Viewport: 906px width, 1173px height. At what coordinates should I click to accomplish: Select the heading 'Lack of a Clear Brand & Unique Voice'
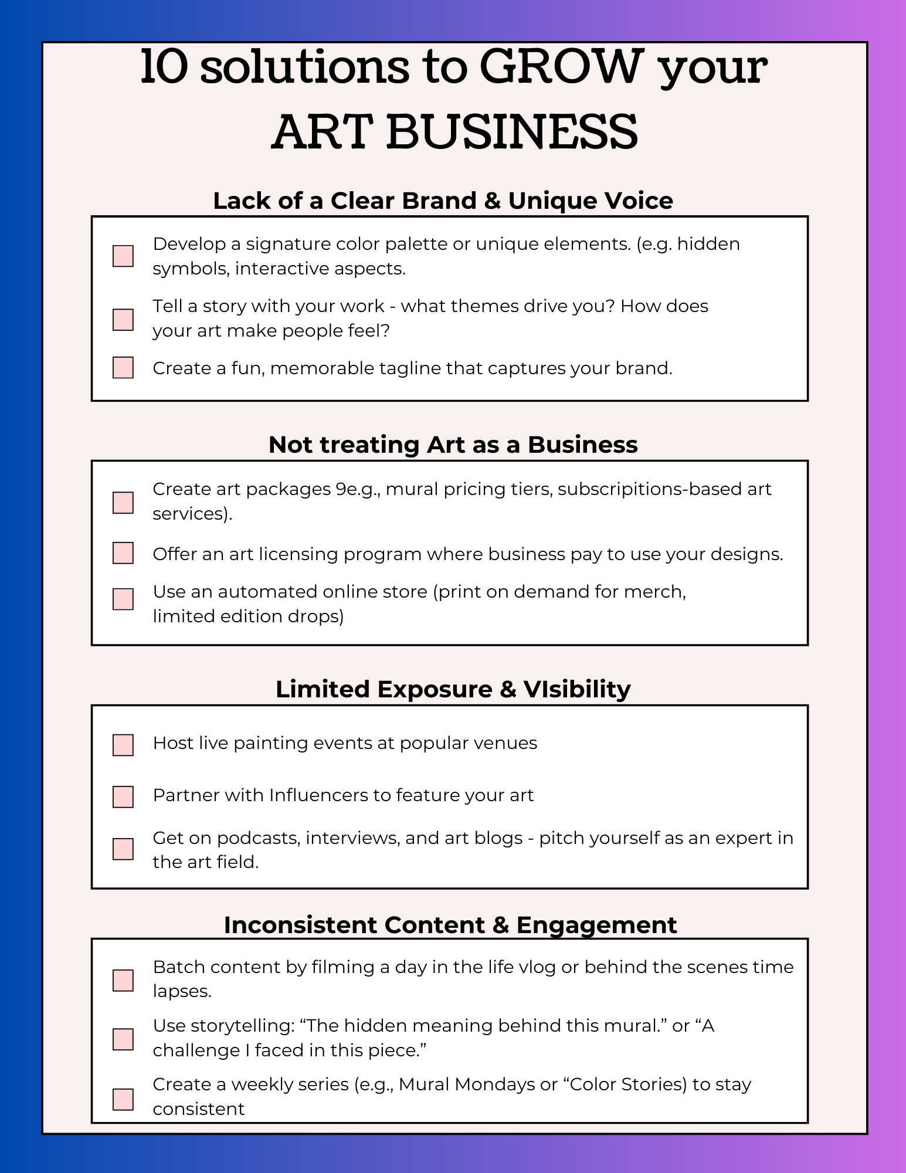point(443,201)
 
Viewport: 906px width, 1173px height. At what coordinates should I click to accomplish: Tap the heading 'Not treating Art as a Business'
point(453,445)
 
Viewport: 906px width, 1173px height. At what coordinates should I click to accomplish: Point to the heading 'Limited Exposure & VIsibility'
point(453,689)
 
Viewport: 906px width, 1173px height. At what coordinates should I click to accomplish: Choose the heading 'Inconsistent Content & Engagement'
point(450,925)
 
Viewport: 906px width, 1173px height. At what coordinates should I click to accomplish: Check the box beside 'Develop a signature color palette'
point(123,256)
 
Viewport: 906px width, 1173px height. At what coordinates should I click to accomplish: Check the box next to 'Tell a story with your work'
point(123,320)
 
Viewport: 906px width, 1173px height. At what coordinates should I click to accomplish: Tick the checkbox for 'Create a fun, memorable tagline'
point(123,368)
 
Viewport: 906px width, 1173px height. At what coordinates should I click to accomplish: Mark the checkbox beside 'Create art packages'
point(123,503)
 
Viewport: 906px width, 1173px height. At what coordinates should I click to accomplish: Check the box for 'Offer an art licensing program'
point(123,553)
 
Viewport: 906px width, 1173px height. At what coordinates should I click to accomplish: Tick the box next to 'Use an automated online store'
point(123,599)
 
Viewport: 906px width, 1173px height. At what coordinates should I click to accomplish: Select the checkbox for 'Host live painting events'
point(123,745)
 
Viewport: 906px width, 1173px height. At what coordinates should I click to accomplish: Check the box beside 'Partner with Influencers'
point(123,797)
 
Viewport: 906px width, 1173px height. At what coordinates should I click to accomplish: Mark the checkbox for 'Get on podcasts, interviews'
point(123,849)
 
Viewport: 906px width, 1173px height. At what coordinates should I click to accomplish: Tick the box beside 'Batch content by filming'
point(123,981)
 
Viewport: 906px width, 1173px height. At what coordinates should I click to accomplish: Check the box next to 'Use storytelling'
point(123,1039)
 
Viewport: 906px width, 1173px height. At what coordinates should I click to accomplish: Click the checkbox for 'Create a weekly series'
point(123,1100)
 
